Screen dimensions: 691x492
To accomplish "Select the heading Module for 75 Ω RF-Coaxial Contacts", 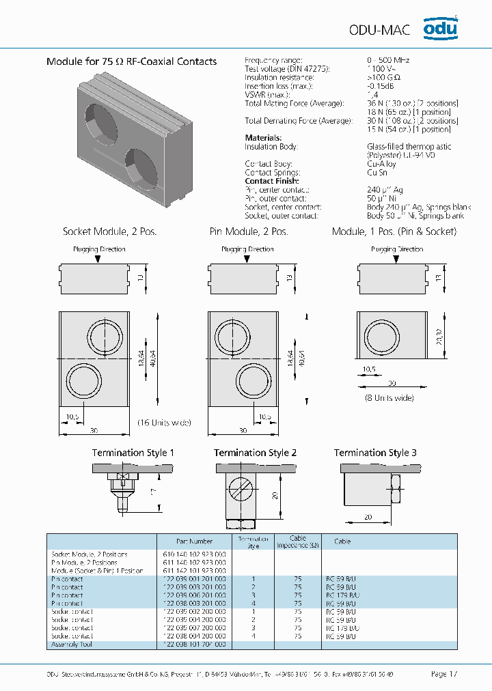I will point(131,61).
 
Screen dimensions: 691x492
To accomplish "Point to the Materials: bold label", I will point(263,138).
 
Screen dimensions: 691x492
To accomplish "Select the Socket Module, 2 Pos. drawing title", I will point(109,231).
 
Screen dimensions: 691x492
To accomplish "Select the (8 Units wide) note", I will point(389,396).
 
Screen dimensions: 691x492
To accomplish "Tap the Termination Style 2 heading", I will point(255,453).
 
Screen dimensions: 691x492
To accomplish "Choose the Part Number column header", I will point(196,541).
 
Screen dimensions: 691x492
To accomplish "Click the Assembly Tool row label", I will point(71,645).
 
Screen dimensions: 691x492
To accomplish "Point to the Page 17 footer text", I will point(444,674).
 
